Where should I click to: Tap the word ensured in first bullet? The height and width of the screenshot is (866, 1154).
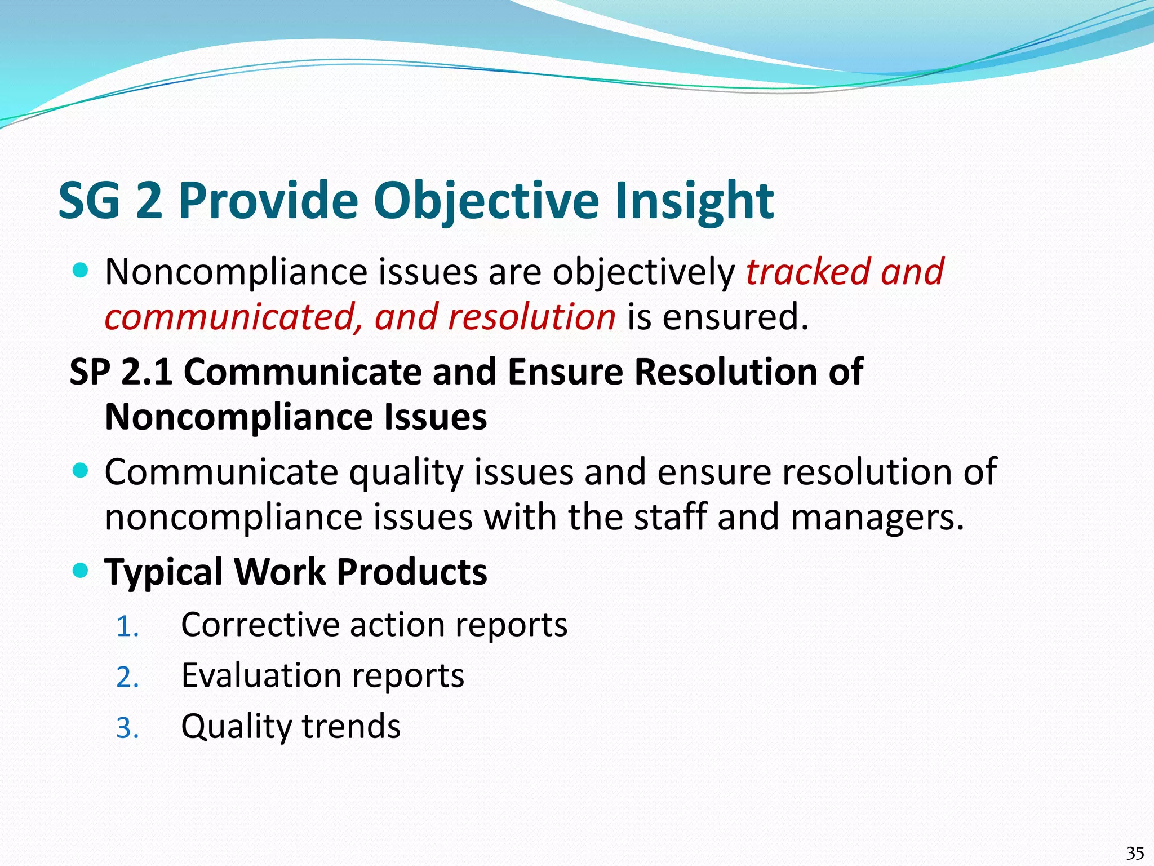click(735, 317)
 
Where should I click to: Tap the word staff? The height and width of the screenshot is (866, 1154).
click(670, 518)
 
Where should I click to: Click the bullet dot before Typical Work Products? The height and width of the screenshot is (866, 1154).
click(81, 571)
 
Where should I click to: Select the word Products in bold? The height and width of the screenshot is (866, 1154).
click(411, 572)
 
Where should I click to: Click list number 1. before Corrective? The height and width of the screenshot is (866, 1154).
click(127, 627)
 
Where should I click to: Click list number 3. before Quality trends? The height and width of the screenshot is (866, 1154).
click(127, 728)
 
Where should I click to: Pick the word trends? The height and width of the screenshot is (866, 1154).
click(351, 726)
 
